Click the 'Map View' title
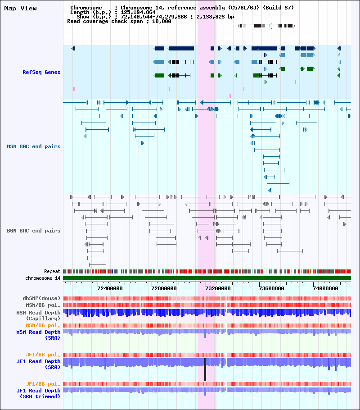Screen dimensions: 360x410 click(20, 9)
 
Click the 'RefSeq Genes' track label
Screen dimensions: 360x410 click(41, 72)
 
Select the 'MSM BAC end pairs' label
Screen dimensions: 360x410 click(34, 146)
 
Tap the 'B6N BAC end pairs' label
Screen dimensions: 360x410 click(34, 231)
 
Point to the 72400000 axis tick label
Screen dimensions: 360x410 click(110, 288)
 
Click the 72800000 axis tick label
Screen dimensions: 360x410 click(164, 288)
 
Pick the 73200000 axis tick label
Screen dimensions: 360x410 click(218, 288)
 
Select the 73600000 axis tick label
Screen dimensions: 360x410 click(272, 288)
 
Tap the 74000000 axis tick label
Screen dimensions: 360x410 click(325, 288)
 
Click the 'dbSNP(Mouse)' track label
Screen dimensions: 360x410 click(41, 298)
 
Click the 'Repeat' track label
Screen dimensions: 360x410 click(52, 271)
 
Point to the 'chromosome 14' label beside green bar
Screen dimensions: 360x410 click(43, 278)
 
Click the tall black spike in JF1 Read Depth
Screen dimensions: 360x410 click(205, 369)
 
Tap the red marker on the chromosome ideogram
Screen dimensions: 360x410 click(271, 26)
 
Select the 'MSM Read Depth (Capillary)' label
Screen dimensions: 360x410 click(38, 315)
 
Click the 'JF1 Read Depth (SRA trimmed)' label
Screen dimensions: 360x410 click(38, 393)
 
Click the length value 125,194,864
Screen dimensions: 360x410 click(138, 12)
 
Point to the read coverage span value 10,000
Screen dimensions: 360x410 click(162, 22)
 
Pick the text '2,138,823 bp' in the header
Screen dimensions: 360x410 click(215, 17)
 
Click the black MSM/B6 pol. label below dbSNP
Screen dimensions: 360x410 click(43, 305)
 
